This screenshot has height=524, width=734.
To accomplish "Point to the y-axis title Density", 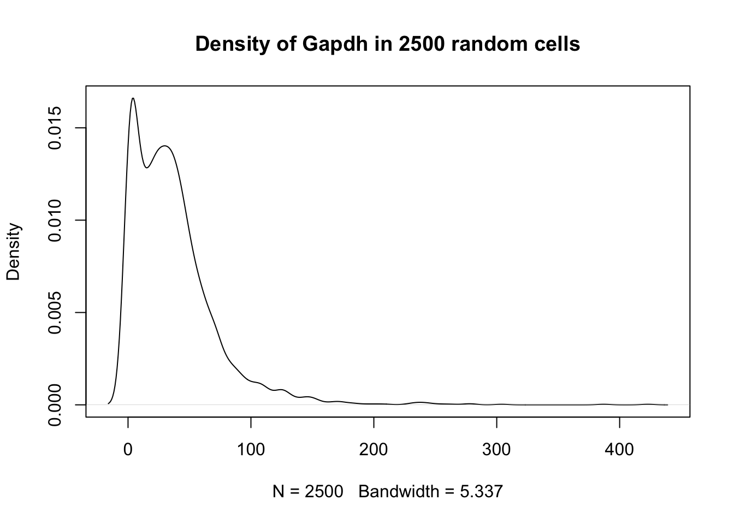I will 13,252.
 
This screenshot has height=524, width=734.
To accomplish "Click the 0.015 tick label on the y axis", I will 56,128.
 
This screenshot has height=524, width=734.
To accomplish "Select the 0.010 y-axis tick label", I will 56,220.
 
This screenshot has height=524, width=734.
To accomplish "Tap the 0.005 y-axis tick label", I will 56,312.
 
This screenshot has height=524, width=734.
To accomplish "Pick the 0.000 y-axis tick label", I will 56,404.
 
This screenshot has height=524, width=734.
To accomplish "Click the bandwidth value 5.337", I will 481,492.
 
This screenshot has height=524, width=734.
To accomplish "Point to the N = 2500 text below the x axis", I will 308,492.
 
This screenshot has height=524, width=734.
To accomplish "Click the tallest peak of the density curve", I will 133,98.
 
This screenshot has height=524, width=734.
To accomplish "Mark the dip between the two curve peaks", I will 146,167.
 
